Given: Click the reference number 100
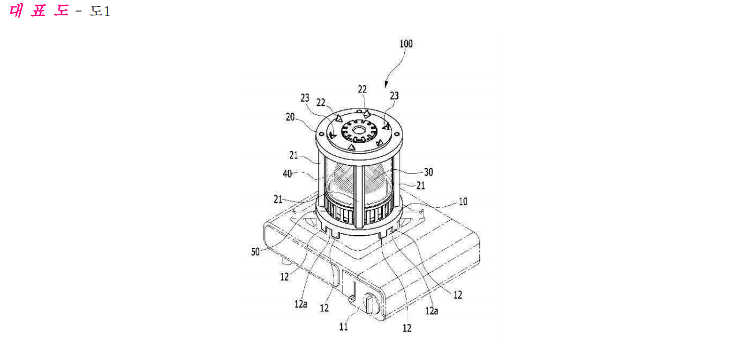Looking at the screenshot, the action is (x=406, y=44).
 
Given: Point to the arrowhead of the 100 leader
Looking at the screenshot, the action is (x=386, y=84).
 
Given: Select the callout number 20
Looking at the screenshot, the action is (x=290, y=117).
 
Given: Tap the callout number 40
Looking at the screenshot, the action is (x=287, y=174).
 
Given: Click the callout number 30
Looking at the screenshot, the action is (x=429, y=172).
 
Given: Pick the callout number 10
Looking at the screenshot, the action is (x=463, y=202).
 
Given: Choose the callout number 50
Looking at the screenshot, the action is (x=255, y=252).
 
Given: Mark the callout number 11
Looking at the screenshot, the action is (x=344, y=326).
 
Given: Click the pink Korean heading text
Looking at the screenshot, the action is (x=39, y=11).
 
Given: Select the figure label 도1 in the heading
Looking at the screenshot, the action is (x=100, y=12).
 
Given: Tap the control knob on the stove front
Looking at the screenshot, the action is (x=371, y=303).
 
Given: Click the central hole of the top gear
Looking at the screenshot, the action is (x=359, y=131).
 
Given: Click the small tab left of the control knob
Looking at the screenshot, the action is (x=352, y=298).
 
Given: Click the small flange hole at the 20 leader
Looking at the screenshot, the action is (x=321, y=133).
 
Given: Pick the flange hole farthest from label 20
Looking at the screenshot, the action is (x=397, y=133).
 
